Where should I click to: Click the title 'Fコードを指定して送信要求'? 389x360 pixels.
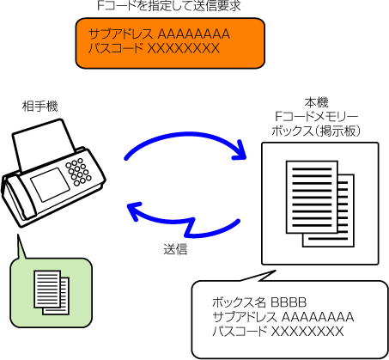[x=169, y=6]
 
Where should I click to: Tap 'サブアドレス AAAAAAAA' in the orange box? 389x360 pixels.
[x=159, y=34]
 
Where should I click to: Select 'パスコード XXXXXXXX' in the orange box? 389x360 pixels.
[x=154, y=48]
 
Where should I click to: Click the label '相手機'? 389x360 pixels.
[x=40, y=107]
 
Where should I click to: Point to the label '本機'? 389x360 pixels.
[x=316, y=102]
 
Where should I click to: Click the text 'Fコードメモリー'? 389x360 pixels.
[x=316, y=117]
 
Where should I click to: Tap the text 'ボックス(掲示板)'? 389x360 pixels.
[x=316, y=131]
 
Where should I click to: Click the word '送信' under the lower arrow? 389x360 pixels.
[x=175, y=249]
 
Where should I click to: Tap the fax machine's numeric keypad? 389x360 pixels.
[x=78, y=172]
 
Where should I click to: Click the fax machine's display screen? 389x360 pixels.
[x=50, y=185]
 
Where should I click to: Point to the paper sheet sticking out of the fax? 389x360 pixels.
[x=43, y=144]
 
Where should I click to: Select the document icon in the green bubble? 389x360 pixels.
[x=52, y=292]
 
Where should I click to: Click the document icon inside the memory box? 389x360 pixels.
[x=320, y=204]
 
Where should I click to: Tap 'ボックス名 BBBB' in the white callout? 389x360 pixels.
[x=259, y=302]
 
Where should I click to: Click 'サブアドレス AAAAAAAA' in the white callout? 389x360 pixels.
[x=283, y=317]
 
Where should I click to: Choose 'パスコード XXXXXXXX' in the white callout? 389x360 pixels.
[x=278, y=332]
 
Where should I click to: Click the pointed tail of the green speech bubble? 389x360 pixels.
[x=18, y=235]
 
